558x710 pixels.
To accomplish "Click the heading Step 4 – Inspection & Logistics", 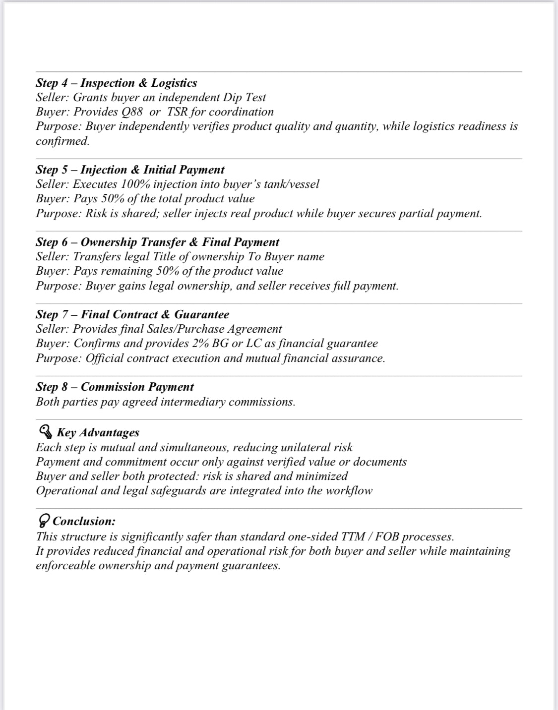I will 116,83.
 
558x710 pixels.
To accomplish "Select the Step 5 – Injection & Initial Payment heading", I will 130,170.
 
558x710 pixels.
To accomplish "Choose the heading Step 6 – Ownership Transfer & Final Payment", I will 157,242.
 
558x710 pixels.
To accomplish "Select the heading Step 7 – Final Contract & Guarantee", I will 132,314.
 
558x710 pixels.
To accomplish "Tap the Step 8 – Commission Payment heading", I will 115,387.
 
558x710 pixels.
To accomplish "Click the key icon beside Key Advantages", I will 45,432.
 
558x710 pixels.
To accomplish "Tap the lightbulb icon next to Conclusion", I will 44,521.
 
